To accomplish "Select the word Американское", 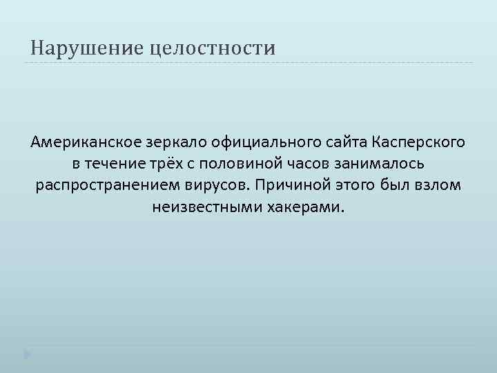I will pyautogui.click(x=84, y=142).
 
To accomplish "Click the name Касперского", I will pyautogui.click(x=418, y=142).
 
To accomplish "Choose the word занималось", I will pyautogui.click(x=378, y=164).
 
